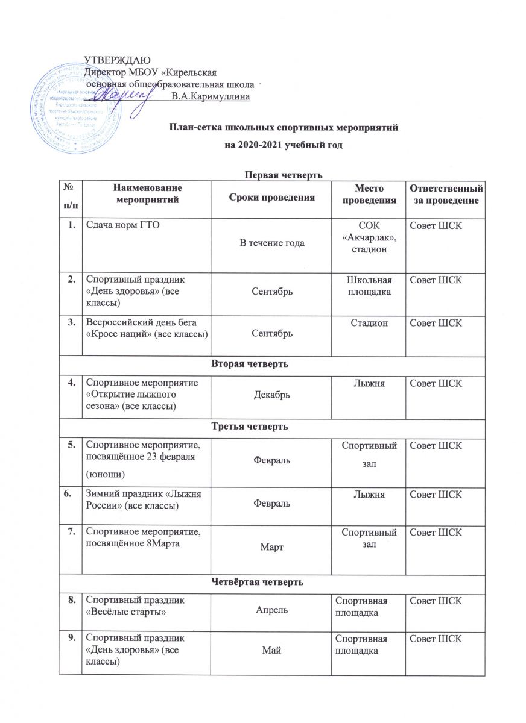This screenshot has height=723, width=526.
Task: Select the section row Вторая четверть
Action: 273,366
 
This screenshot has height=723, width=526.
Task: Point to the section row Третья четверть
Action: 273,427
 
